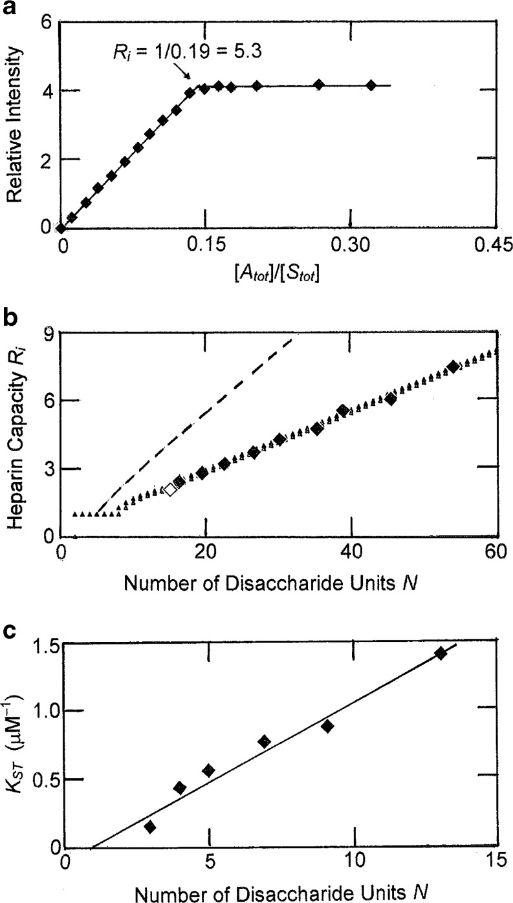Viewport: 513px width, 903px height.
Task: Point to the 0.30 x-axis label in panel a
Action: pyautogui.click(x=350, y=246)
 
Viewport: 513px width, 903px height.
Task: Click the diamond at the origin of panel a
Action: pyautogui.click(x=61, y=228)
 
